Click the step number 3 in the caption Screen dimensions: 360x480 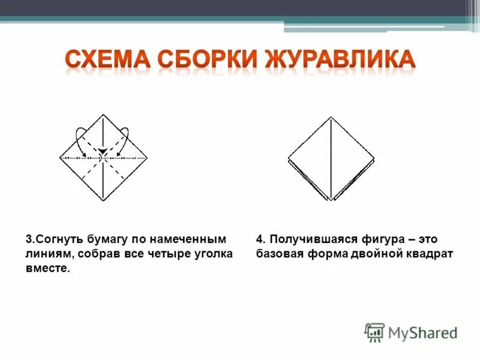tap(28, 239)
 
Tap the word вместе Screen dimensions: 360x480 tap(47, 269)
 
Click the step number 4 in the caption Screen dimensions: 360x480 tap(259, 239)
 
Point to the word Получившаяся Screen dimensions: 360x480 tap(310, 239)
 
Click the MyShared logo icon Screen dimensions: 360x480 tap(374, 332)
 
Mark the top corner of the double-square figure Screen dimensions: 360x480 tap(331, 118)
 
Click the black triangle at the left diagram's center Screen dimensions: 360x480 tap(103, 151)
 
